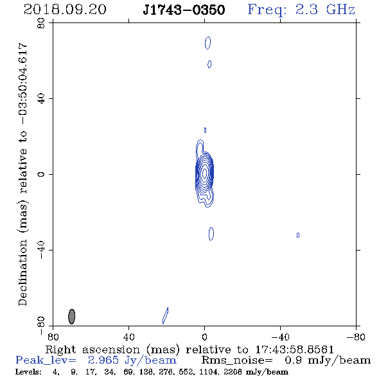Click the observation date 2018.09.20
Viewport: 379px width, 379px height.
[65, 10]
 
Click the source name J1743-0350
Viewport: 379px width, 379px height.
[184, 10]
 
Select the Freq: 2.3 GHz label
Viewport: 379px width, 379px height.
[301, 10]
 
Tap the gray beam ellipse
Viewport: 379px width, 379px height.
[71, 317]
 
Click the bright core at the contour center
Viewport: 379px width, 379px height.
[205, 173]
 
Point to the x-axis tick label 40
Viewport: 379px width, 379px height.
[128, 337]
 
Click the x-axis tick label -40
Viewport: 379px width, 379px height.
[280, 337]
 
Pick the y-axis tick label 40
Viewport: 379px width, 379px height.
[41, 99]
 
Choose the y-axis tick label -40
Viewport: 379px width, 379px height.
[41, 250]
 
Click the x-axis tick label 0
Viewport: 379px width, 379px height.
[204, 337]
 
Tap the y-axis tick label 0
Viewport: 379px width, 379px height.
[41, 174]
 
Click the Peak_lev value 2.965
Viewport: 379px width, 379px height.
[103, 360]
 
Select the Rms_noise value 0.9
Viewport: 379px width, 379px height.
[293, 360]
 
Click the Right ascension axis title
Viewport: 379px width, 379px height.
[189, 349]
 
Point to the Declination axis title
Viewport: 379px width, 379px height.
[22, 174]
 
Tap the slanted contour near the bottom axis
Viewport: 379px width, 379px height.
[165, 315]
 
